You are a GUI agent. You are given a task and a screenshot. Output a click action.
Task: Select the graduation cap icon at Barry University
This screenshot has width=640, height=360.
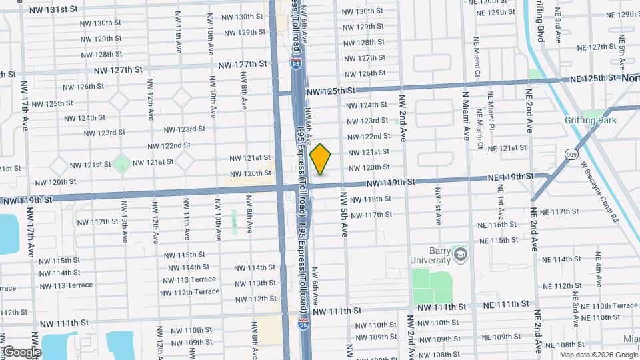pyautogui.click(x=460, y=255)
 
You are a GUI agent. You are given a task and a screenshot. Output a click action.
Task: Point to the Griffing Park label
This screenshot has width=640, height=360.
pyautogui.click(x=589, y=121)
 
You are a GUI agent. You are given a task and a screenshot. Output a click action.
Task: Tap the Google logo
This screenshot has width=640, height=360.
pyautogui.click(x=21, y=351)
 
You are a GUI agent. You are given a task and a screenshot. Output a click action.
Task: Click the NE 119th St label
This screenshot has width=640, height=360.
pyautogui.click(x=510, y=177)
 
